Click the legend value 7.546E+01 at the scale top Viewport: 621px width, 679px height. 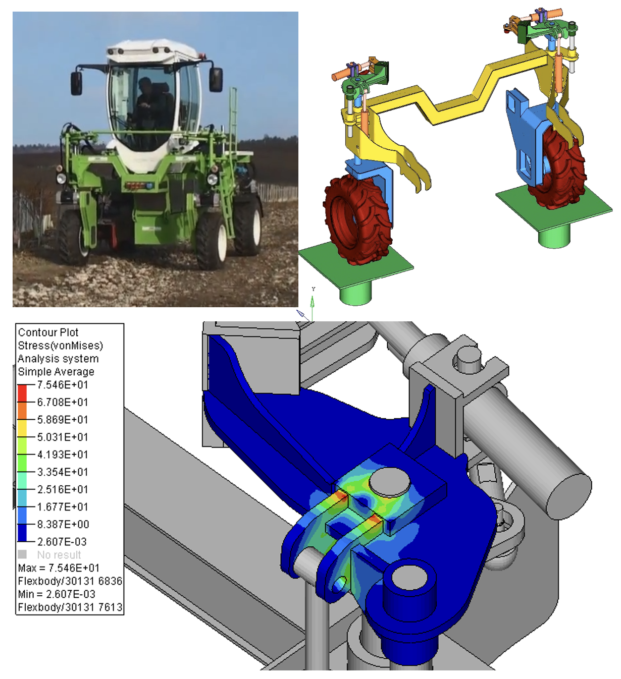click(x=63, y=385)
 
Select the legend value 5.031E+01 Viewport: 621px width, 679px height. click(x=63, y=437)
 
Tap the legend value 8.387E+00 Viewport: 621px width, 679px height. click(x=63, y=524)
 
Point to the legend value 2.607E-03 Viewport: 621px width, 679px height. click(x=62, y=542)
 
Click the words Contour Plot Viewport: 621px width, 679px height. click(x=48, y=332)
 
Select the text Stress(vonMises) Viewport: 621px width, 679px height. click(x=60, y=346)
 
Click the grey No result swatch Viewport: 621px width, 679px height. click(x=22, y=554)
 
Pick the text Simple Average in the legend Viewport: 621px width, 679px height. click(x=56, y=372)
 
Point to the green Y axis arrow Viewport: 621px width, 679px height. click(x=313, y=303)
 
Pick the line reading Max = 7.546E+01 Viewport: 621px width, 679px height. click(x=59, y=568)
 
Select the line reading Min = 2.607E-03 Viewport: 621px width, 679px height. click(x=57, y=594)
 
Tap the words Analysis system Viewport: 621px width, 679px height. click(x=58, y=359)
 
